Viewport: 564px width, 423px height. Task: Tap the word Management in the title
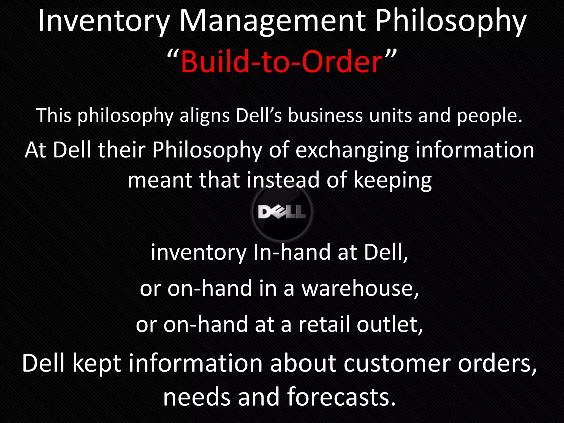[x=273, y=21]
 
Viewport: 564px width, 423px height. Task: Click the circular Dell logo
[x=282, y=212]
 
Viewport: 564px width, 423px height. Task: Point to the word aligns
[x=205, y=116]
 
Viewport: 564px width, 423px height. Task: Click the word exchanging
[x=352, y=150]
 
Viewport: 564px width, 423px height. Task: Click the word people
[x=489, y=116]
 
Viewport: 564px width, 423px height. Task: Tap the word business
[x=325, y=116]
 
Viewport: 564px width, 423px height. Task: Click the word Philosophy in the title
[x=451, y=21]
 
